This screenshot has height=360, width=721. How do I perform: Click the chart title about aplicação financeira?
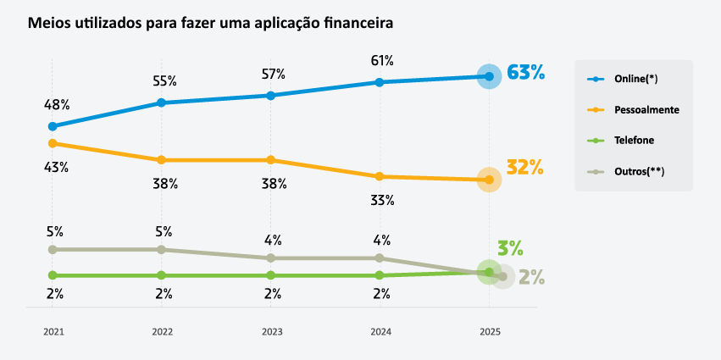[210, 22]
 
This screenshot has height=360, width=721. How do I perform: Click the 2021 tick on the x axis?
[53, 332]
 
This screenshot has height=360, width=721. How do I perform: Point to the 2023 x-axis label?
[271, 332]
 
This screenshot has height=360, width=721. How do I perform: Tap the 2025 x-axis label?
[489, 332]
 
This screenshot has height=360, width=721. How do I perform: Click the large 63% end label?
[525, 73]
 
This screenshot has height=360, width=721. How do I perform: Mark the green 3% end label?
[510, 248]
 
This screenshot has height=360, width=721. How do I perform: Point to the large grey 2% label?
[531, 277]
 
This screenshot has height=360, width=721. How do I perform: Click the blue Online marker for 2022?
[162, 102]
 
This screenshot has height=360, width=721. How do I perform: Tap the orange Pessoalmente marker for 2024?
[380, 176]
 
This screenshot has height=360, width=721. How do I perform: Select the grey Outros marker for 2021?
[53, 249]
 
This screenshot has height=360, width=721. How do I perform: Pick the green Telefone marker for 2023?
[271, 275]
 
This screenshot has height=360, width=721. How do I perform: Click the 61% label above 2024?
[382, 60]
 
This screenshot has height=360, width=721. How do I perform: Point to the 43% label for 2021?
[57, 167]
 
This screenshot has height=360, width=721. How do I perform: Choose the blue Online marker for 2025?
[489, 76]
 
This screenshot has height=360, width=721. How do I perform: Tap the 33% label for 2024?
[382, 201]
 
